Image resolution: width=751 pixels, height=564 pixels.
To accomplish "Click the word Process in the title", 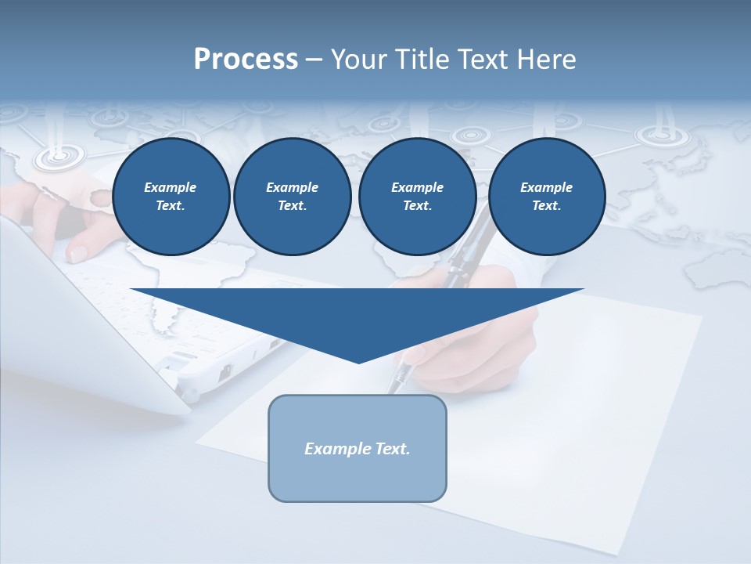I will [246, 60].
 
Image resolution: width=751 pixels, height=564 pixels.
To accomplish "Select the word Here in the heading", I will [545, 60].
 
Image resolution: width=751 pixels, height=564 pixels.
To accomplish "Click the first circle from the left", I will [171, 197].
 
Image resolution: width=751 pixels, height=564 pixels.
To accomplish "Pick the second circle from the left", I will [292, 197].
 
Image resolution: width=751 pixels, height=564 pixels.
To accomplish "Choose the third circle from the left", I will [417, 197].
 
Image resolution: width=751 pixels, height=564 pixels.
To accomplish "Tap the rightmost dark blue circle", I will [546, 197].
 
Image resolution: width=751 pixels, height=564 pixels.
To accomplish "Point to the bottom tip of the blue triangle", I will [358, 362].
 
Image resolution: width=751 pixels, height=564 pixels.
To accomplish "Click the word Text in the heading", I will [483, 60].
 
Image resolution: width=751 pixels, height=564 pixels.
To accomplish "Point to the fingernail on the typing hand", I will [77, 253].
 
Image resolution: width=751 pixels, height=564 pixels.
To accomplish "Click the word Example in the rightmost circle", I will [546, 187].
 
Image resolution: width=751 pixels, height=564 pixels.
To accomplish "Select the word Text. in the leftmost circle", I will [171, 206].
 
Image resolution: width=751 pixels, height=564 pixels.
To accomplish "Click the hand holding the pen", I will [485, 329].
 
